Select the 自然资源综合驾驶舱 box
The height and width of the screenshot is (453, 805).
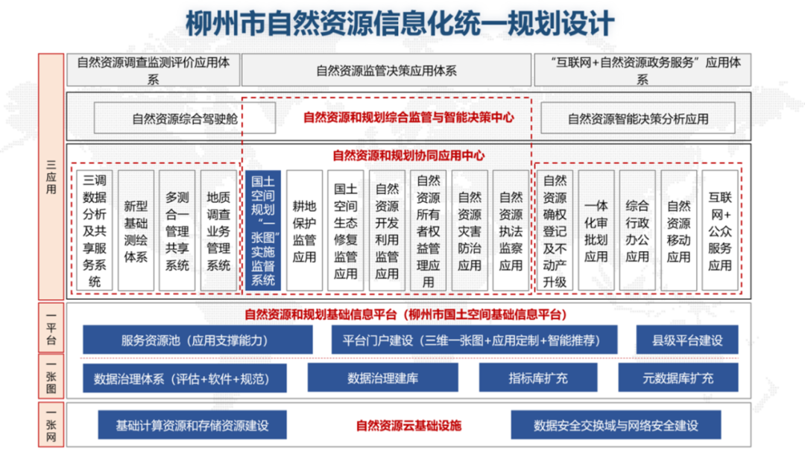coord(185,118)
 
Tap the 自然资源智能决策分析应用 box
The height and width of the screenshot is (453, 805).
coord(638,118)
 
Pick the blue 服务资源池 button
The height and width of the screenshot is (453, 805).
coord(198,340)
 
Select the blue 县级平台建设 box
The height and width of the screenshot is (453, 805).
coord(687,340)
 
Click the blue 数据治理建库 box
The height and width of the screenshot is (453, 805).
coord(383,378)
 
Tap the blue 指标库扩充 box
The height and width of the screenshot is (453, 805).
coord(538,378)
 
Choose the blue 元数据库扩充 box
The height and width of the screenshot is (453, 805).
coord(678,378)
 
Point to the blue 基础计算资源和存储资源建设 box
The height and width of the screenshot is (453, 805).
coord(192,426)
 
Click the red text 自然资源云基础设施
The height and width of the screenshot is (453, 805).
coord(408,426)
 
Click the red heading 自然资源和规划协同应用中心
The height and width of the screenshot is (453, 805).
coord(408,156)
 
